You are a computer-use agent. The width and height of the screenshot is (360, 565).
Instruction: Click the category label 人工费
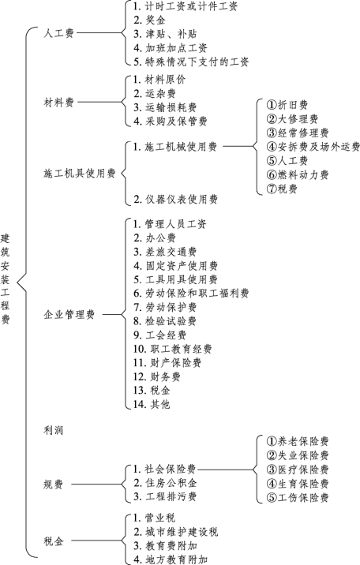point(58,33)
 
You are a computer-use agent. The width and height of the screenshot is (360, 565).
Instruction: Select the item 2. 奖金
point(149,20)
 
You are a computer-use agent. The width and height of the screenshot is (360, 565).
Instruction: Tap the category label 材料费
point(58,103)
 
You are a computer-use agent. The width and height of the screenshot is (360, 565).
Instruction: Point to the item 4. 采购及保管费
point(171,121)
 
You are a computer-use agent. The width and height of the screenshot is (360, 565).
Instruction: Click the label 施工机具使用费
point(79,174)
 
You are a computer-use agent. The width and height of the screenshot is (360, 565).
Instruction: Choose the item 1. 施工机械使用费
point(175,147)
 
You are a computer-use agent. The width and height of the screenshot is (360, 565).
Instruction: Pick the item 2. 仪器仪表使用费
point(176,199)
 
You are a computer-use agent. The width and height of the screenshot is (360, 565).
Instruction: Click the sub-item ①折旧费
point(287,105)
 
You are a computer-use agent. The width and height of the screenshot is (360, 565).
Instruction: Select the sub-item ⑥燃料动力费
point(298,174)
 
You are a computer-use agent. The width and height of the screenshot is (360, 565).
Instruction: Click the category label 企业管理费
point(69,315)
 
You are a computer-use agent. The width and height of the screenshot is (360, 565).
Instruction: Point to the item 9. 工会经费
point(160,335)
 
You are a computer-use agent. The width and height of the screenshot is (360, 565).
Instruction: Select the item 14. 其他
point(152,404)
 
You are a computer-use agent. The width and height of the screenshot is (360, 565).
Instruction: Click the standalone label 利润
point(54,430)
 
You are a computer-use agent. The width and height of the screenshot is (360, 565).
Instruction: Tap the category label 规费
point(54,485)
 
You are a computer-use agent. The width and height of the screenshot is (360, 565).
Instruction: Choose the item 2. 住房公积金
point(166,482)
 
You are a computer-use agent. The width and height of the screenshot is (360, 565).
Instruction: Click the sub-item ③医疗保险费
point(298,470)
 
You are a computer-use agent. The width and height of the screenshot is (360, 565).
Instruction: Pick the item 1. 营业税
point(154,518)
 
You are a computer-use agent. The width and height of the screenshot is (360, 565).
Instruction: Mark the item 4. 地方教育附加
point(171,559)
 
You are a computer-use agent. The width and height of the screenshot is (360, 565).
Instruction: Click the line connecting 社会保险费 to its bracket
point(226,470)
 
